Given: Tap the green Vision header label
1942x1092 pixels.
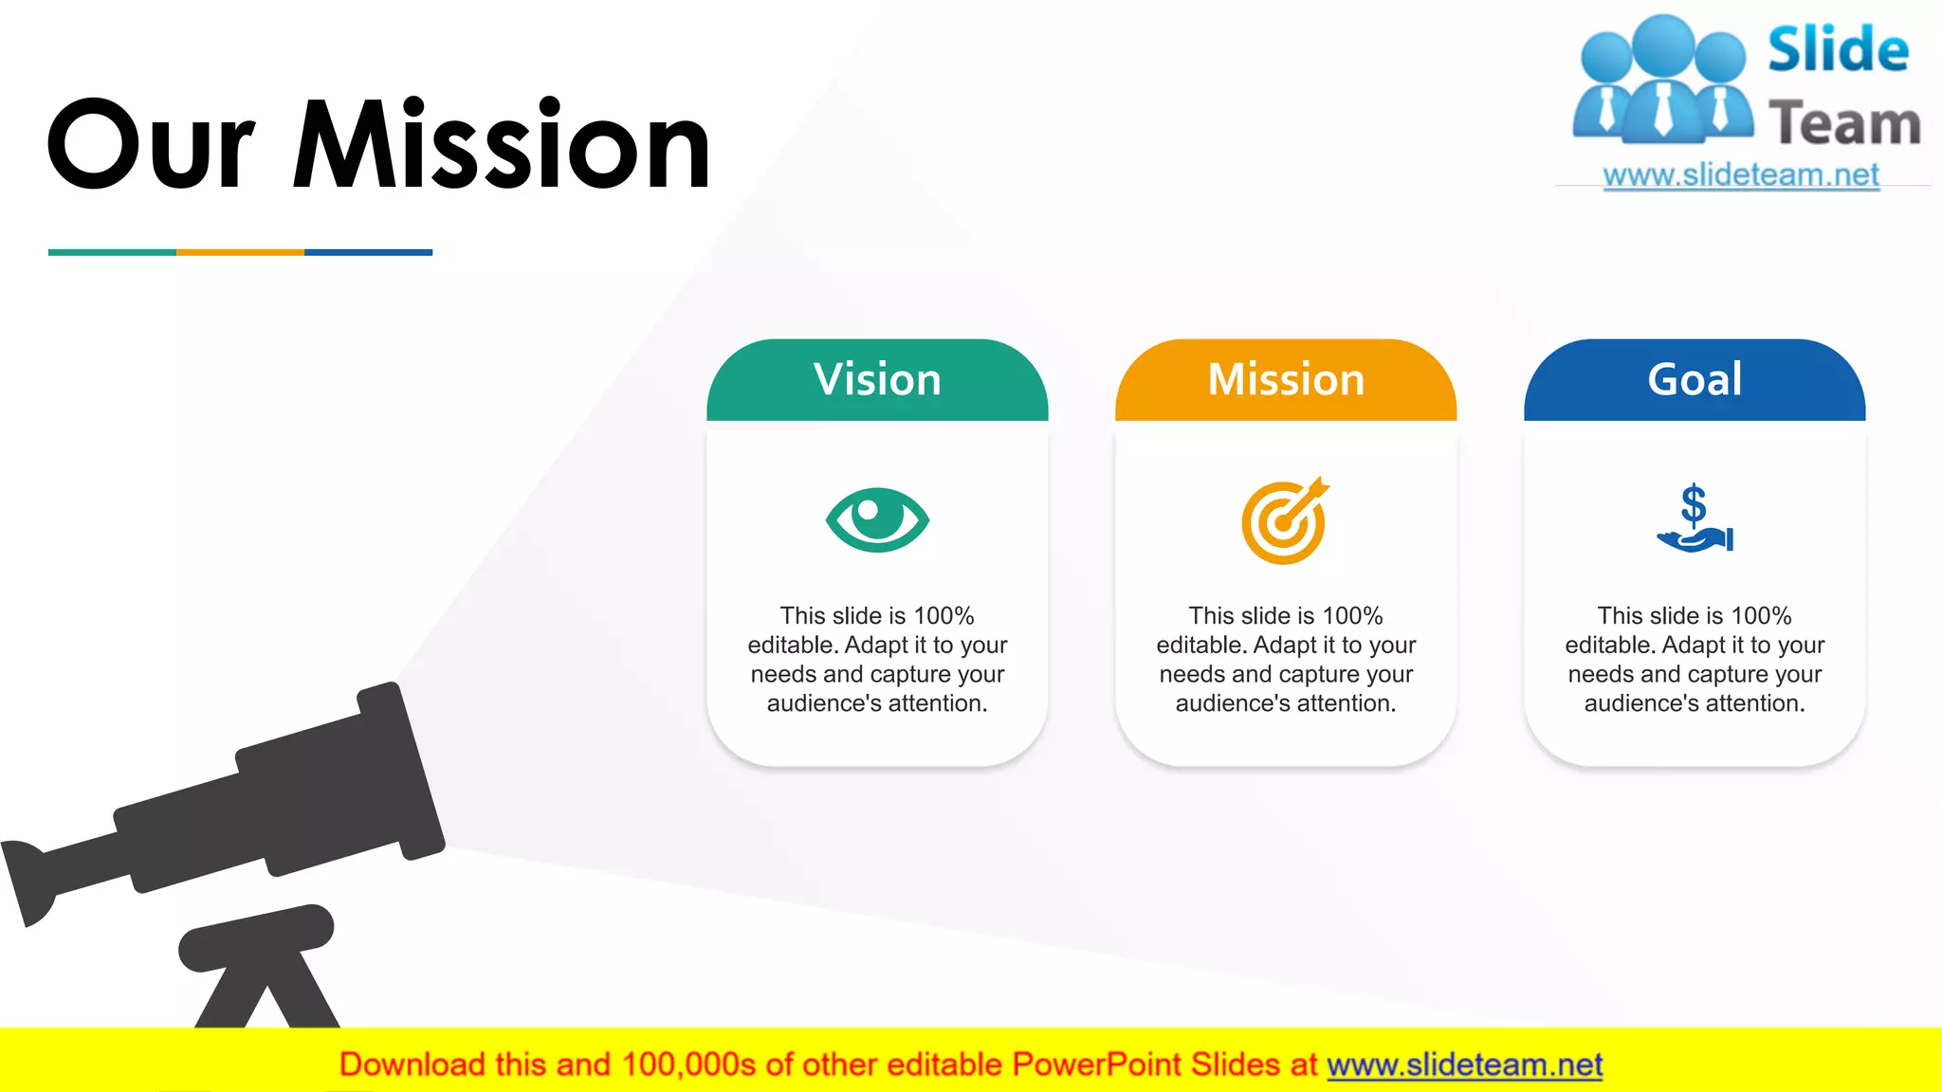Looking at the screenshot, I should click(877, 379).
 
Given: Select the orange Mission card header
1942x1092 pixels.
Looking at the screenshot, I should click(1286, 379).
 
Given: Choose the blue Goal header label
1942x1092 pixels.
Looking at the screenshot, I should click(1695, 379).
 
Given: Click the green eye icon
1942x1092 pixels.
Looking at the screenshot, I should click(877, 519).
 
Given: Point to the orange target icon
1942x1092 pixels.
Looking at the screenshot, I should click(1285, 521).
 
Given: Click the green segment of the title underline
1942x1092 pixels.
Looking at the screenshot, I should click(112, 252).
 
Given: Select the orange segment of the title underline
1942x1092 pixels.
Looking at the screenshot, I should click(240, 252).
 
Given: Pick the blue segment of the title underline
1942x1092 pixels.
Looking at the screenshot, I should click(368, 252).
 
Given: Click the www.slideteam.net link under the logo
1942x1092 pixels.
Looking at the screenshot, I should click(1741, 175).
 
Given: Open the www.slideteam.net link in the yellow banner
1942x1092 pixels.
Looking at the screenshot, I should click(1464, 1065).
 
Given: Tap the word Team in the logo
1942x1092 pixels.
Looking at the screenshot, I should click(1844, 124).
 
